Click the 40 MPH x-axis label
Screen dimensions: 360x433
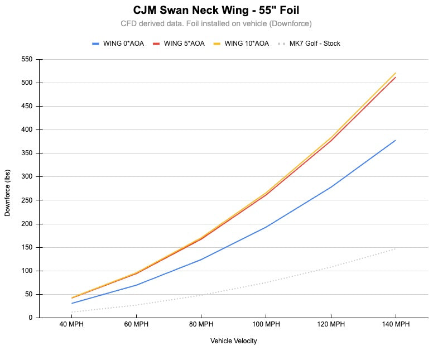tap(72, 324)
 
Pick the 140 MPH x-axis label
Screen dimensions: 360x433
tap(396, 324)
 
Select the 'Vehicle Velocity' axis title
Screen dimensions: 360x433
tap(234, 340)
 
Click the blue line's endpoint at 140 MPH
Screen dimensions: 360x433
tap(396, 140)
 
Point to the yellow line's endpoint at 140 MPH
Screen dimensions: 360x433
tap(396, 73)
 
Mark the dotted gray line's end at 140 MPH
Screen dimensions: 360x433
tap(396, 248)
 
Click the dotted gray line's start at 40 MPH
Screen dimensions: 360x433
tap(72, 312)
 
